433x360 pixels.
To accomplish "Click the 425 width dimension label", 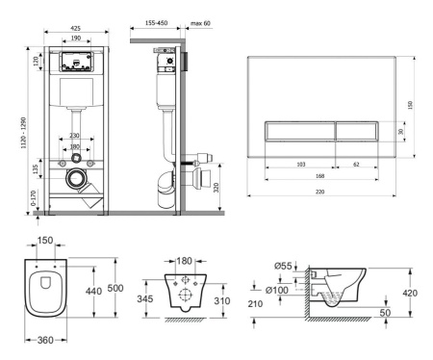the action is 75,28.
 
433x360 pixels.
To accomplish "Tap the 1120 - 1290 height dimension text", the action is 24,133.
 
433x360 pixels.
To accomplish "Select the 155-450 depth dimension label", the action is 156,23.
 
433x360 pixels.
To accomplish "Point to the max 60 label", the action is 200,23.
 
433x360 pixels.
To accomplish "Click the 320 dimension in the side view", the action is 216,188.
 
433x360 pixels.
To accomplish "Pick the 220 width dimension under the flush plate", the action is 319,192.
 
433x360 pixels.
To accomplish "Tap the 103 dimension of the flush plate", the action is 301,165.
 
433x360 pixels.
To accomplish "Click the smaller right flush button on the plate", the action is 357,131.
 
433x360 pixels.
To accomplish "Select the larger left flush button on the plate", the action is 300,131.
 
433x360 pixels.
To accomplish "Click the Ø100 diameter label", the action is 277,290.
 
